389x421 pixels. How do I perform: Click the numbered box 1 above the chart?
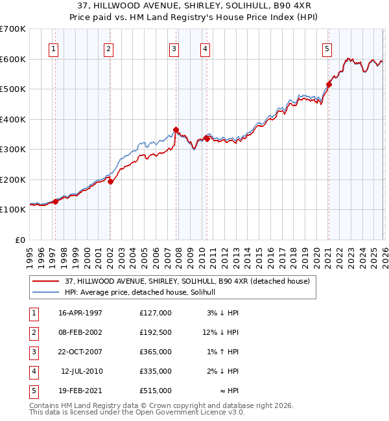tap(53, 49)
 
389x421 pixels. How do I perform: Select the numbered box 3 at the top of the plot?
tap(174, 49)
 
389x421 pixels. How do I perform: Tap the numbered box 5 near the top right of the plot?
tap(327, 49)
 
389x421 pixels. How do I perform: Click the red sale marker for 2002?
tap(110, 182)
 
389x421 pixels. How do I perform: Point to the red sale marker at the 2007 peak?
tap(176, 130)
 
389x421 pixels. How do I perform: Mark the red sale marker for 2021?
tap(329, 84)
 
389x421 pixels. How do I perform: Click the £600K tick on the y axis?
tap(13, 59)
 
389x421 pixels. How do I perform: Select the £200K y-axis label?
tap(13, 179)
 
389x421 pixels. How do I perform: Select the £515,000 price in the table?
tap(155, 391)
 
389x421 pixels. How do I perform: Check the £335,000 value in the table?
tap(155, 371)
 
